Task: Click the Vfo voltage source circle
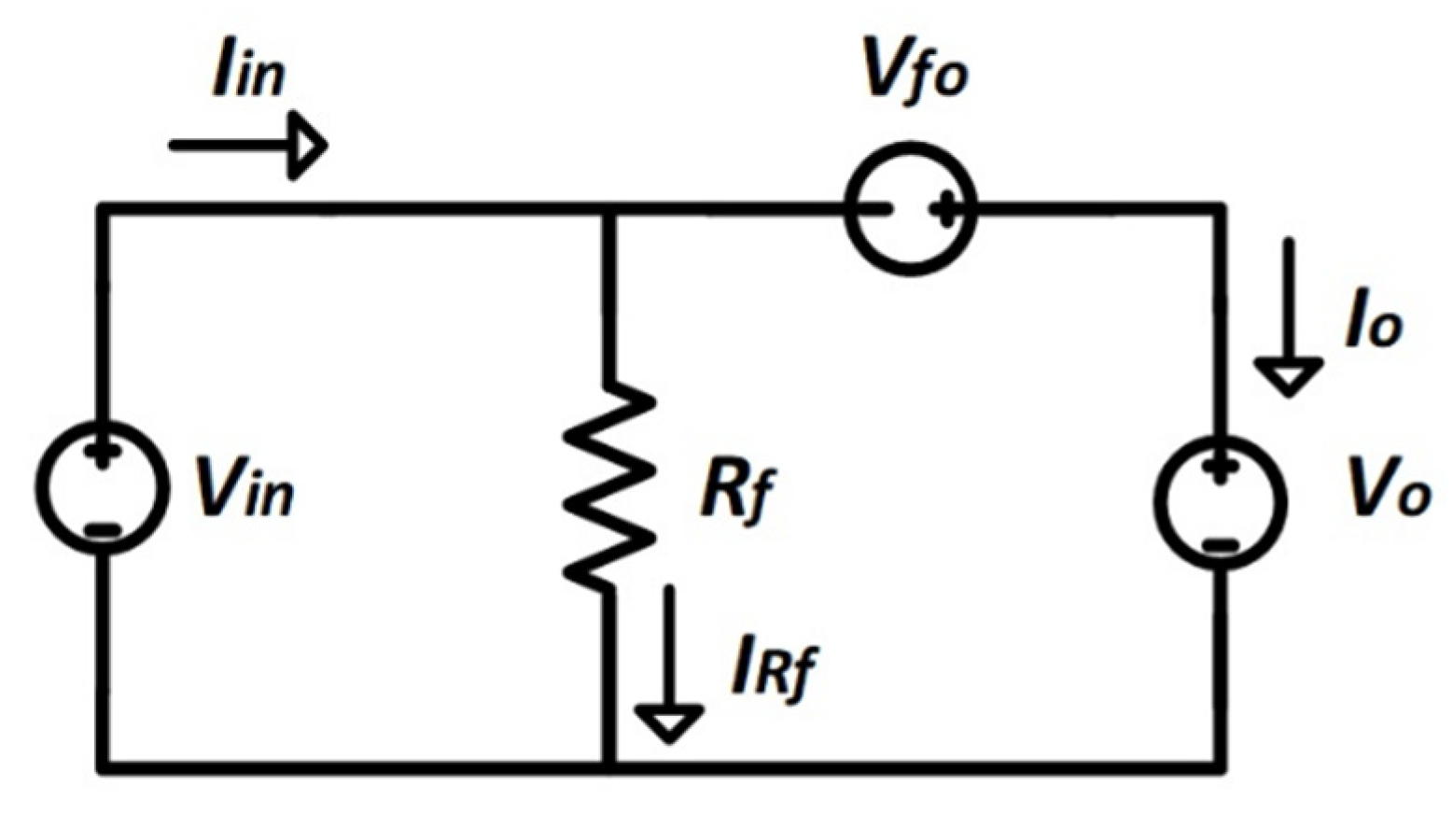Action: [x=910, y=210]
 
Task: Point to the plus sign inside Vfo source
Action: [x=945, y=210]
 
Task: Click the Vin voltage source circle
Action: [x=103, y=487]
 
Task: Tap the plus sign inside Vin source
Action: [x=102, y=455]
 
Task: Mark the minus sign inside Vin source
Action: [x=102, y=530]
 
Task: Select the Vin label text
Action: [x=244, y=489]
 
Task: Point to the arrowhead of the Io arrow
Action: [x=1288, y=377]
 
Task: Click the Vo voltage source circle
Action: [x=1221, y=502]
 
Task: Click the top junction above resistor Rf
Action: [x=609, y=209]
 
